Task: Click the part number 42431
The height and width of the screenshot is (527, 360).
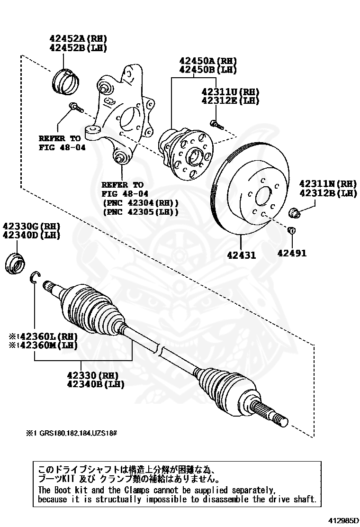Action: coord(241,254)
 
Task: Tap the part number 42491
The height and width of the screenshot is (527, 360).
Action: coord(292,253)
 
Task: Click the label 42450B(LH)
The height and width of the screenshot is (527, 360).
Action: coord(207,70)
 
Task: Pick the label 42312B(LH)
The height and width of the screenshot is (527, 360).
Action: coord(328,193)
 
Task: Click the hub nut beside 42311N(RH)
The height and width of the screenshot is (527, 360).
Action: coord(294,213)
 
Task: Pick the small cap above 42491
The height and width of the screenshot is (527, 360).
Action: coord(292,231)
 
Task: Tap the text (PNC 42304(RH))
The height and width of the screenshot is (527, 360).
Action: coord(140,203)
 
